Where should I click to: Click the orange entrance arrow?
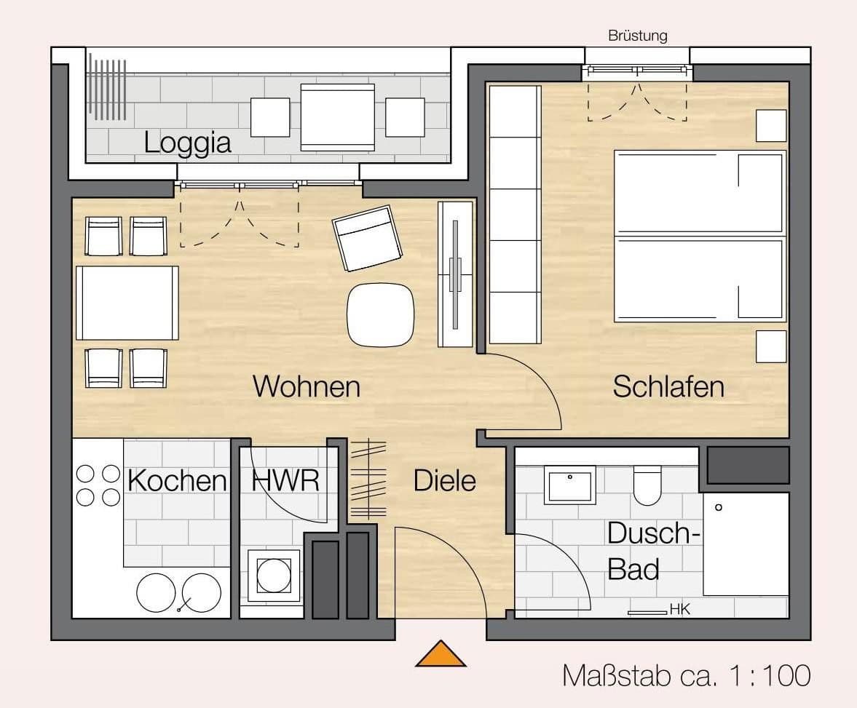441,655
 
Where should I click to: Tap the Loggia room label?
187,142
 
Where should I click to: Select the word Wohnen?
306,386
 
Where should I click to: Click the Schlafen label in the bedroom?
668,386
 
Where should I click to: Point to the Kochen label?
177,481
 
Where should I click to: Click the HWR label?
285,481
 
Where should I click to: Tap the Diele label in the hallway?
444,481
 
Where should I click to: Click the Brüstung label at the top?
637,36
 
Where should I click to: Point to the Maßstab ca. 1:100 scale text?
686,675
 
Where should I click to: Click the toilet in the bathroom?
647,486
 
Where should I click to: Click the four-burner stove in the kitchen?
98,485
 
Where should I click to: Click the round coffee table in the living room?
380,314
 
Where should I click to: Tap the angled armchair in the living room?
367,238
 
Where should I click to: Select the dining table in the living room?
127,303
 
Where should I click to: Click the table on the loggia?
337,117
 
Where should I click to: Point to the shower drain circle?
719,507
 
